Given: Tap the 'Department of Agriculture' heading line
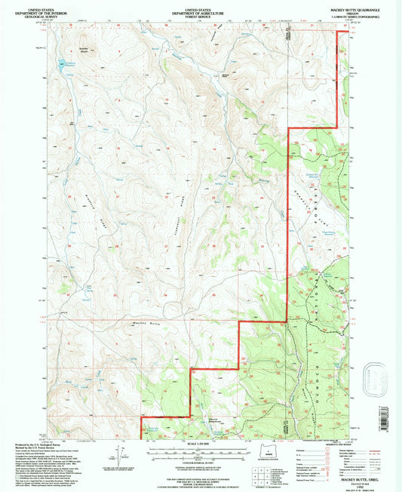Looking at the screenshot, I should pyautogui.click(x=201, y=9).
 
